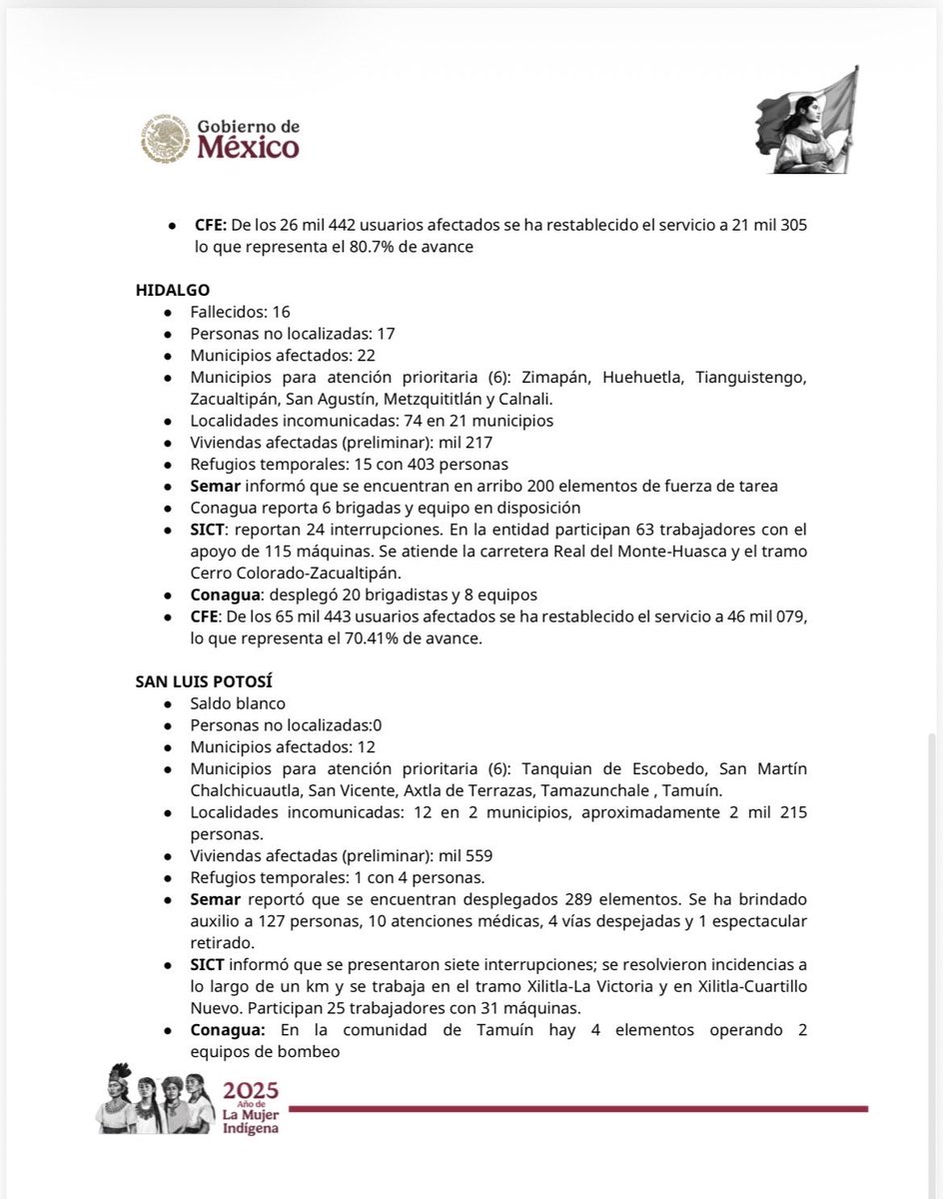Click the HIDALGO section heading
(173, 289)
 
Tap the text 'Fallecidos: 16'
(240, 312)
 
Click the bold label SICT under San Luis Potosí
(209, 963)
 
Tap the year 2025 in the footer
(251, 1090)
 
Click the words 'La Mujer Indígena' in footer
(251, 1121)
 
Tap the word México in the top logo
(247, 148)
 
